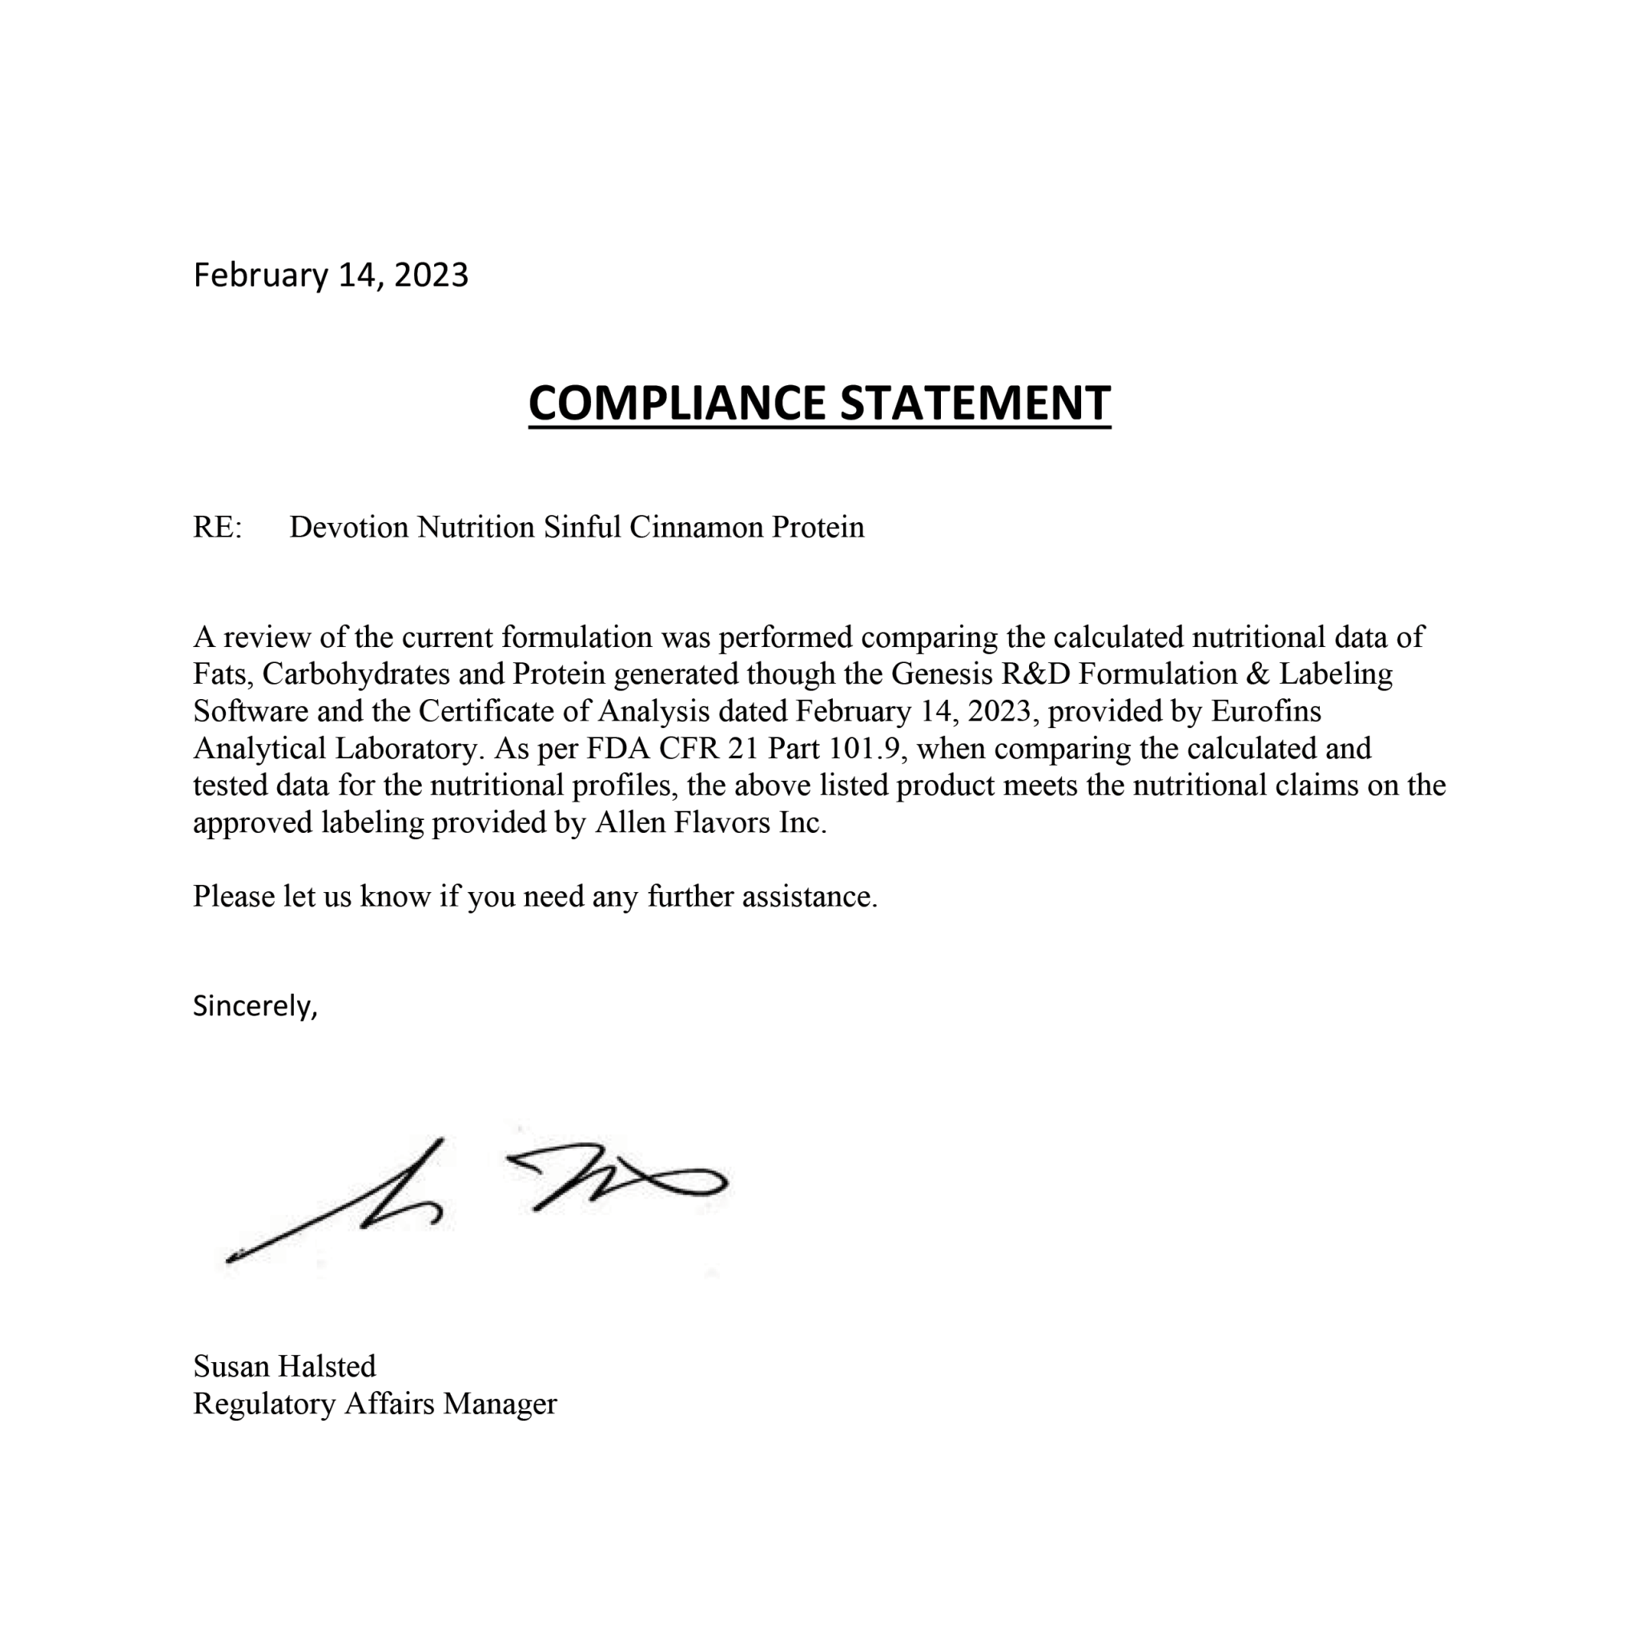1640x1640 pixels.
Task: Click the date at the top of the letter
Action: (x=330, y=275)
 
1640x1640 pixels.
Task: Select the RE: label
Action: (x=217, y=527)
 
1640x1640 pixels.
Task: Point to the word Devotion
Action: (x=349, y=527)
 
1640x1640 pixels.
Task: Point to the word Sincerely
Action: (x=254, y=1006)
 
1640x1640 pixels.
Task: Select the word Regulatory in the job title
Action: (x=264, y=1403)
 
